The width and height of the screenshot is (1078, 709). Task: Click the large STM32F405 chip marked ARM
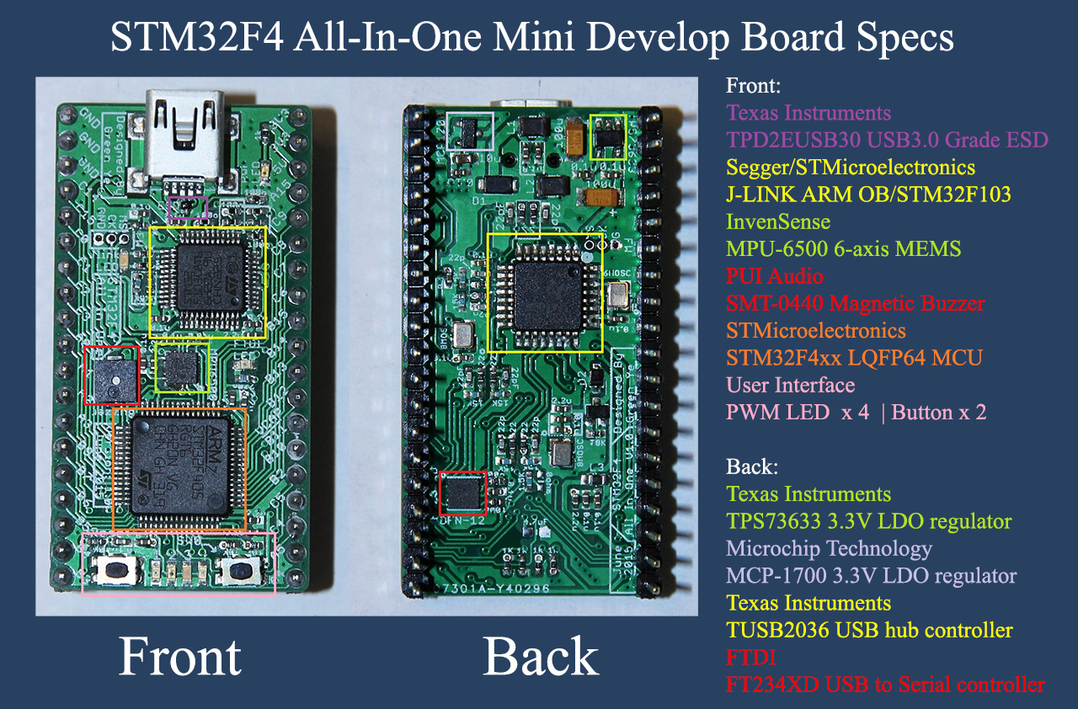click(179, 467)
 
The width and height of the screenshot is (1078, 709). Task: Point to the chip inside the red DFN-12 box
click(463, 493)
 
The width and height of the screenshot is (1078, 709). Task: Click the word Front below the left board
click(180, 657)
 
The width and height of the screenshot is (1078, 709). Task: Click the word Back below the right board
click(540, 657)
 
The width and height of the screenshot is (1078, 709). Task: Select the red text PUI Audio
click(775, 276)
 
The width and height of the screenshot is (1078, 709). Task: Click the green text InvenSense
click(778, 222)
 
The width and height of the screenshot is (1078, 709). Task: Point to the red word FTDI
click(751, 657)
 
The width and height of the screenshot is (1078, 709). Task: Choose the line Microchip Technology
click(829, 549)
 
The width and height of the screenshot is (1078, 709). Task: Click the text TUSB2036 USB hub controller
click(869, 630)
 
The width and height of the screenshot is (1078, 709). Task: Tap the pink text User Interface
click(790, 386)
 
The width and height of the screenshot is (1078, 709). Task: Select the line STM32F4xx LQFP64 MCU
click(854, 358)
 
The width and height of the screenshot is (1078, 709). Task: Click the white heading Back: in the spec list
click(752, 466)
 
